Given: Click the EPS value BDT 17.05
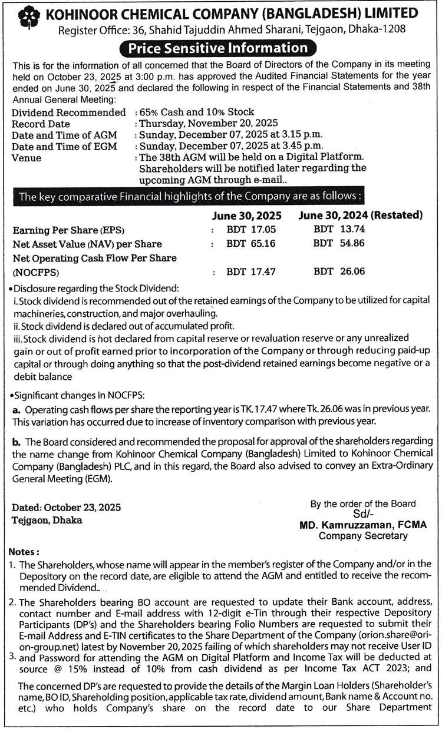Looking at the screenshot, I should click(251, 230).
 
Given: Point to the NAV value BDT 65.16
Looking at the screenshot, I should click(251, 243).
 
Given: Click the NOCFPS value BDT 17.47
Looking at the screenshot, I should click(251, 271).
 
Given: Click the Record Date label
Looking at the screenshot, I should click(41, 124).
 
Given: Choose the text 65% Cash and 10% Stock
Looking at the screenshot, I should click(196, 112).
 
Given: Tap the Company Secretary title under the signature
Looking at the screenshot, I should click(362, 536).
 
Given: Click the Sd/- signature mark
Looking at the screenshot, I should click(362, 514).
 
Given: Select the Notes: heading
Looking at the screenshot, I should click(25, 552).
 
